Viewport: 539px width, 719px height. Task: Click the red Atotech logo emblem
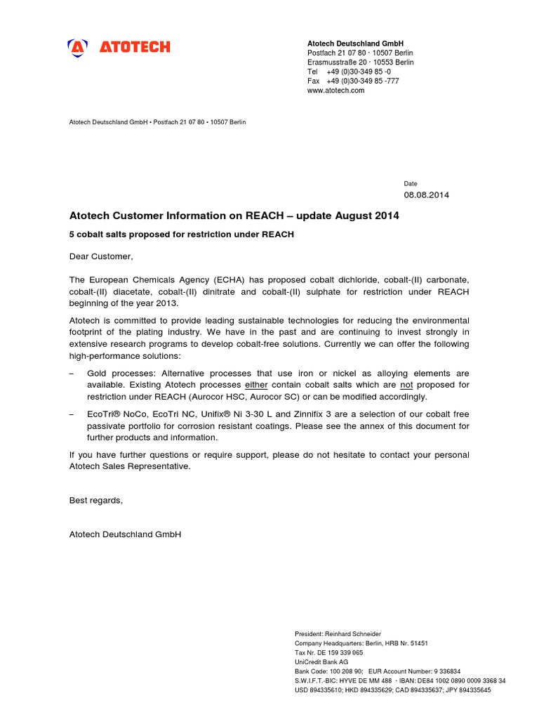tap(78, 47)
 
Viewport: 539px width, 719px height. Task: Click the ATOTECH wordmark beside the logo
tap(134, 47)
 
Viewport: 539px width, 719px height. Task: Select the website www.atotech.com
tap(335, 91)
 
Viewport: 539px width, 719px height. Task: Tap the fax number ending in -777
tap(363, 81)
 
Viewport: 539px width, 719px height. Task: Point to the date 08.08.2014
tap(426, 194)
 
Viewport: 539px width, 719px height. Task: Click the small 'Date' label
tap(411, 183)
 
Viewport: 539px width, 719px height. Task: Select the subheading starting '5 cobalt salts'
tap(181, 234)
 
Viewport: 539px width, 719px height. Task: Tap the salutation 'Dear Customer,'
tap(100, 256)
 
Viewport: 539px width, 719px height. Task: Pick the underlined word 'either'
tap(256, 385)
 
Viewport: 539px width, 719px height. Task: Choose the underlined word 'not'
tap(406, 385)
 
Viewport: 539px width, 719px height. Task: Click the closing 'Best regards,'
tap(95, 500)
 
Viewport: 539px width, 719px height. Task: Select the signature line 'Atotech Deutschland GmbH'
tap(125, 534)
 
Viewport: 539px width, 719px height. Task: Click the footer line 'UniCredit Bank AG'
tap(321, 661)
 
